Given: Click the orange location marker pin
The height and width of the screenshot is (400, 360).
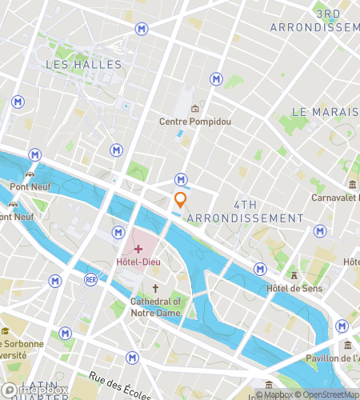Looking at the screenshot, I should (181, 200).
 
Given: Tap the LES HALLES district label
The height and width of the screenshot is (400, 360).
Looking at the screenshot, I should (78, 64).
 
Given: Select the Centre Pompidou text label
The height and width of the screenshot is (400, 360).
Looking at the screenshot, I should (194, 122).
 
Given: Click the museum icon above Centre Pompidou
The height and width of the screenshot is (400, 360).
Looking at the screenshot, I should (194, 108).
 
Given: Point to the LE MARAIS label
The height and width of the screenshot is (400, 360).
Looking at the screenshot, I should (324, 111).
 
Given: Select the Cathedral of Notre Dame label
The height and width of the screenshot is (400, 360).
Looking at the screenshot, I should (156, 306).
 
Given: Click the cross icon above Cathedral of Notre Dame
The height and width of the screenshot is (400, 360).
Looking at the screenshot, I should (155, 288).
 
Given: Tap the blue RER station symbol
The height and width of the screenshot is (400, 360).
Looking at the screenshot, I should (90, 280).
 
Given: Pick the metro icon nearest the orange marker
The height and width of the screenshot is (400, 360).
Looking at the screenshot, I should (182, 180).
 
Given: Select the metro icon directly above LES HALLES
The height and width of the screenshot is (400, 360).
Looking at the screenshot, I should (142, 29).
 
